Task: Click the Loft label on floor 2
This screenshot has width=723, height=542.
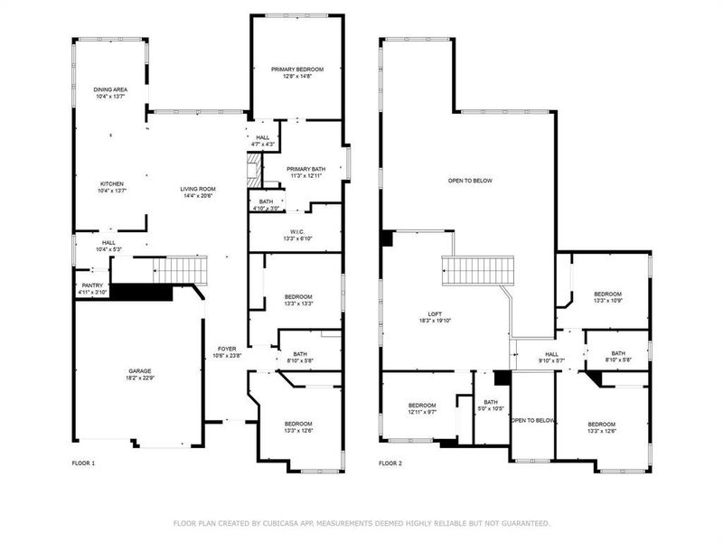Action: [x=434, y=316]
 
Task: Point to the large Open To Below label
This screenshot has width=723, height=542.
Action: [x=470, y=181]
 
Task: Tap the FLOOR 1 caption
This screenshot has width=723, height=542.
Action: [x=83, y=463]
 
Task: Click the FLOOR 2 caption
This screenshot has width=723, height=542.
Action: [x=390, y=463]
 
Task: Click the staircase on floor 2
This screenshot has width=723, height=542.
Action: [x=476, y=270]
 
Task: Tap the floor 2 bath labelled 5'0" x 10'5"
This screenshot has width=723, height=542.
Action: [x=491, y=406]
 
